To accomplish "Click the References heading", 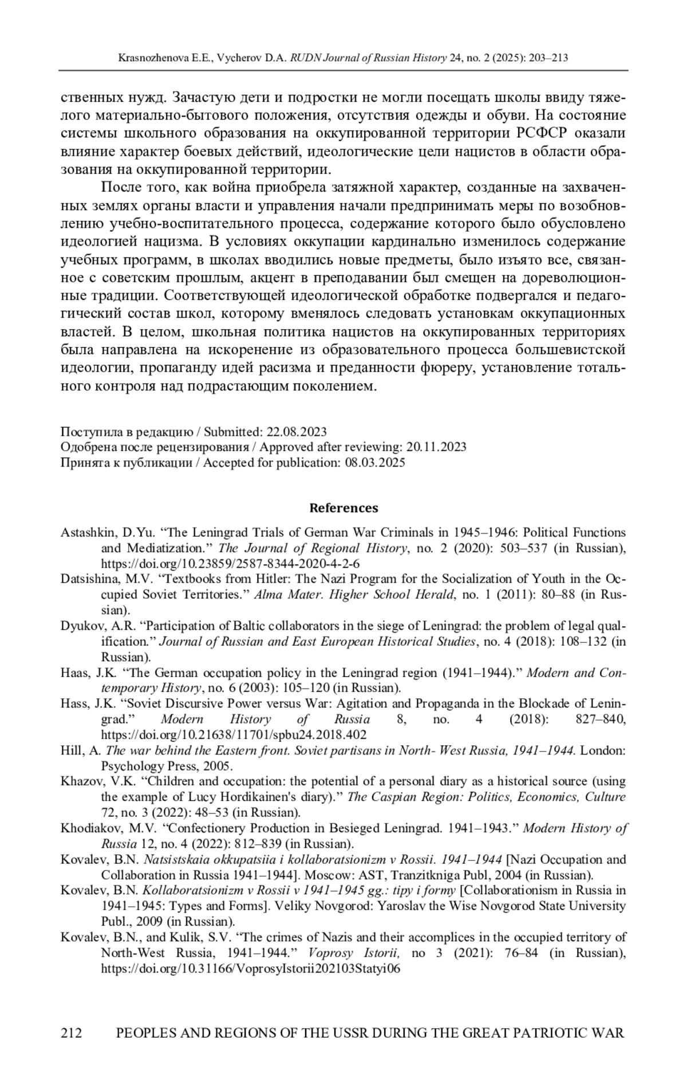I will click(x=343, y=508).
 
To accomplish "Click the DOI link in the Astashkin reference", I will click(x=230, y=563).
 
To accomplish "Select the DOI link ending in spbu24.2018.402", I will click(x=234, y=734).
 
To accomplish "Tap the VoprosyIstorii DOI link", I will click(x=251, y=969).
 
